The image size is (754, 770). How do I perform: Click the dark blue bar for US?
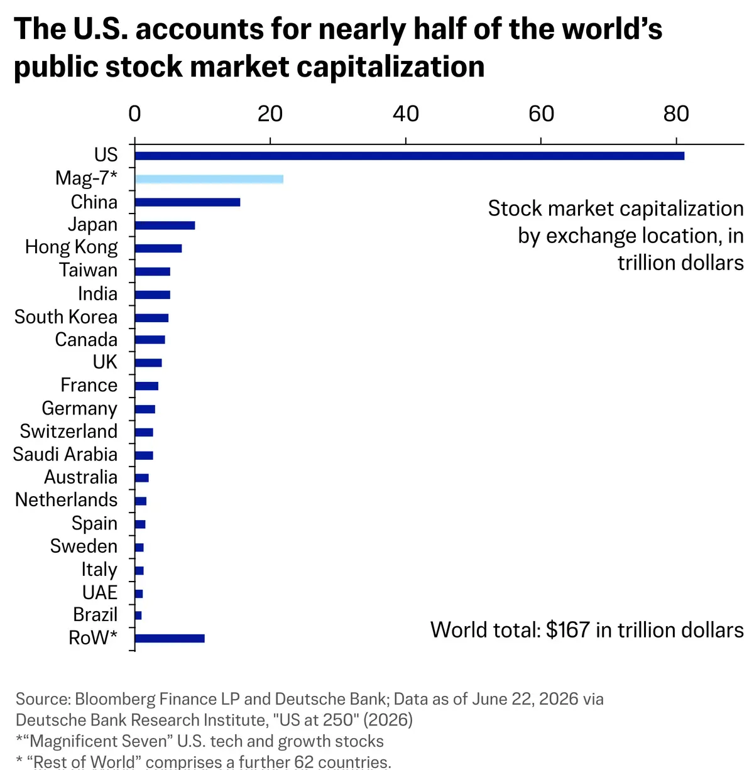tap(410, 156)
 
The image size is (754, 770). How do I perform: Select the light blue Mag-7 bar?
tap(209, 179)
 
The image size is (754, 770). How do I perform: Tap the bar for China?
tap(187, 202)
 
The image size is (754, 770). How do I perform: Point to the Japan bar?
tap(165, 225)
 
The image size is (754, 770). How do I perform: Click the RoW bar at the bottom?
tap(170, 638)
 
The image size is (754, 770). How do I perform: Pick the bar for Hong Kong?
tap(158, 249)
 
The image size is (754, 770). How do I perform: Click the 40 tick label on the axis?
tap(406, 114)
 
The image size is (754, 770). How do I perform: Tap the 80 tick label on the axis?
tap(676, 114)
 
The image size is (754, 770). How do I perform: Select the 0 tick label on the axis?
tap(134, 114)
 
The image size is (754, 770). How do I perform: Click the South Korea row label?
tap(66, 317)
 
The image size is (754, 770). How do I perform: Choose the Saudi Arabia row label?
tap(65, 454)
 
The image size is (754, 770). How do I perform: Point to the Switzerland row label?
tap(68, 431)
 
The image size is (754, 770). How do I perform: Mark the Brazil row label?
tap(95, 615)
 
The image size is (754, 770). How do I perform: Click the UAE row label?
tap(100, 592)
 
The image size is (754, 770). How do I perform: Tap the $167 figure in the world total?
tap(567, 630)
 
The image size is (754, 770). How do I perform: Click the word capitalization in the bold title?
tap(391, 67)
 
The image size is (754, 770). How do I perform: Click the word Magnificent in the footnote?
tap(97, 741)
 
